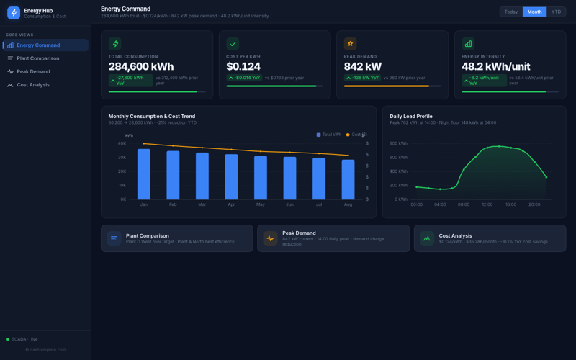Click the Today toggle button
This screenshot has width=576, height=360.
511,12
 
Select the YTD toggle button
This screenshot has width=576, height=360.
556,12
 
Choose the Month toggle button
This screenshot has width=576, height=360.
534,12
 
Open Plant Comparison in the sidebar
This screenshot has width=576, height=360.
37,58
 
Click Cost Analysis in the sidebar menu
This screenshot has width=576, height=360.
33,85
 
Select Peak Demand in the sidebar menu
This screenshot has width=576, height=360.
33,72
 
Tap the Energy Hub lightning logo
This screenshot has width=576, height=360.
14,13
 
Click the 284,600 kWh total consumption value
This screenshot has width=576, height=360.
141,66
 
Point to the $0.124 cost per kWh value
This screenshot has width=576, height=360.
243,66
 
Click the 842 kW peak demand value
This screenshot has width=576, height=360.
363,66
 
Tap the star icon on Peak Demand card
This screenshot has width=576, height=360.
351,44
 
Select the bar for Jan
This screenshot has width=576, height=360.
144,174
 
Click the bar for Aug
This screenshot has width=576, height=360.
348,179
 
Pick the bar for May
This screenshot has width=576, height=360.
261,177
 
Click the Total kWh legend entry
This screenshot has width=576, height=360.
329,135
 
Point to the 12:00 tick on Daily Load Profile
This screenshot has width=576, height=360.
487,204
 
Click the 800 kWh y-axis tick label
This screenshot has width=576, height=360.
398,143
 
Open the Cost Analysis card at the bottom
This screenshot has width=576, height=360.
490,238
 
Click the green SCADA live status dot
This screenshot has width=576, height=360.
8,339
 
